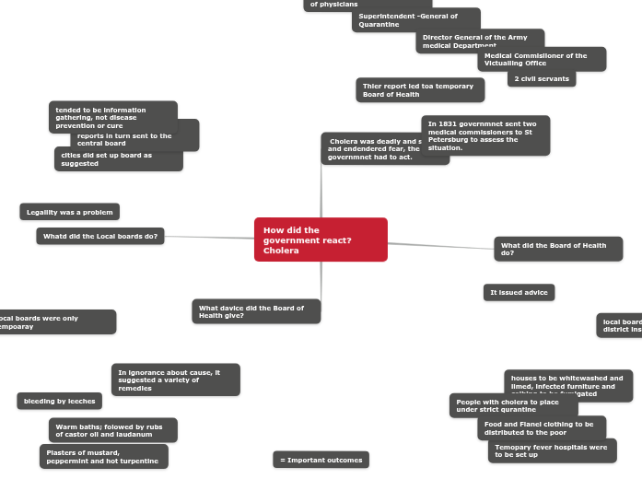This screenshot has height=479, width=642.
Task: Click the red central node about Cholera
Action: [x=321, y=239]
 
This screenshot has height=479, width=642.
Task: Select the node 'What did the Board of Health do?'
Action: [x=558, y=249]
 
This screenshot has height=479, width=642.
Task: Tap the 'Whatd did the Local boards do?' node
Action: [x=100, y=237]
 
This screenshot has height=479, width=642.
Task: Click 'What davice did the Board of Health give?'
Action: [x=256, y=311]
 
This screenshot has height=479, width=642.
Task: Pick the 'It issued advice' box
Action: [x=519, y=292]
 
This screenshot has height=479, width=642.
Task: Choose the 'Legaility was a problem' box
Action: [x=69, y=212]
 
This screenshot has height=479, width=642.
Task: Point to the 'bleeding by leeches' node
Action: [x=59, y=401]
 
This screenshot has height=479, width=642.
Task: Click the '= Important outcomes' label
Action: [x=321, y=460]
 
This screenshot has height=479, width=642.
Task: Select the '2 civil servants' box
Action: [x=542, y=78]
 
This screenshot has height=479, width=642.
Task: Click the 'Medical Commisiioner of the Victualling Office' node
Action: [x=542, y=59]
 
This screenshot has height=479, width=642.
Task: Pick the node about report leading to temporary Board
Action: [x=419, y=89]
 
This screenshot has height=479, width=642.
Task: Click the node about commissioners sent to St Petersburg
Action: [x=485, y=135]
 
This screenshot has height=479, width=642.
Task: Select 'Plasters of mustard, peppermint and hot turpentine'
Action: [x=103, y=457]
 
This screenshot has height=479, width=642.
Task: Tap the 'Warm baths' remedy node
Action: [x=112, y=430]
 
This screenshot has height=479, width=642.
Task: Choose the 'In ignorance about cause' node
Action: [x=176, y=380]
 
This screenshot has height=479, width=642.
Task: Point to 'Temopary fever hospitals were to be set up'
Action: [x=552, y=450]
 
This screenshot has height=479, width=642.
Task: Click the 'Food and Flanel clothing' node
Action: [x=542, y=428]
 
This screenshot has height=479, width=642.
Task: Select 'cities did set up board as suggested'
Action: [x=118, y=160]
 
